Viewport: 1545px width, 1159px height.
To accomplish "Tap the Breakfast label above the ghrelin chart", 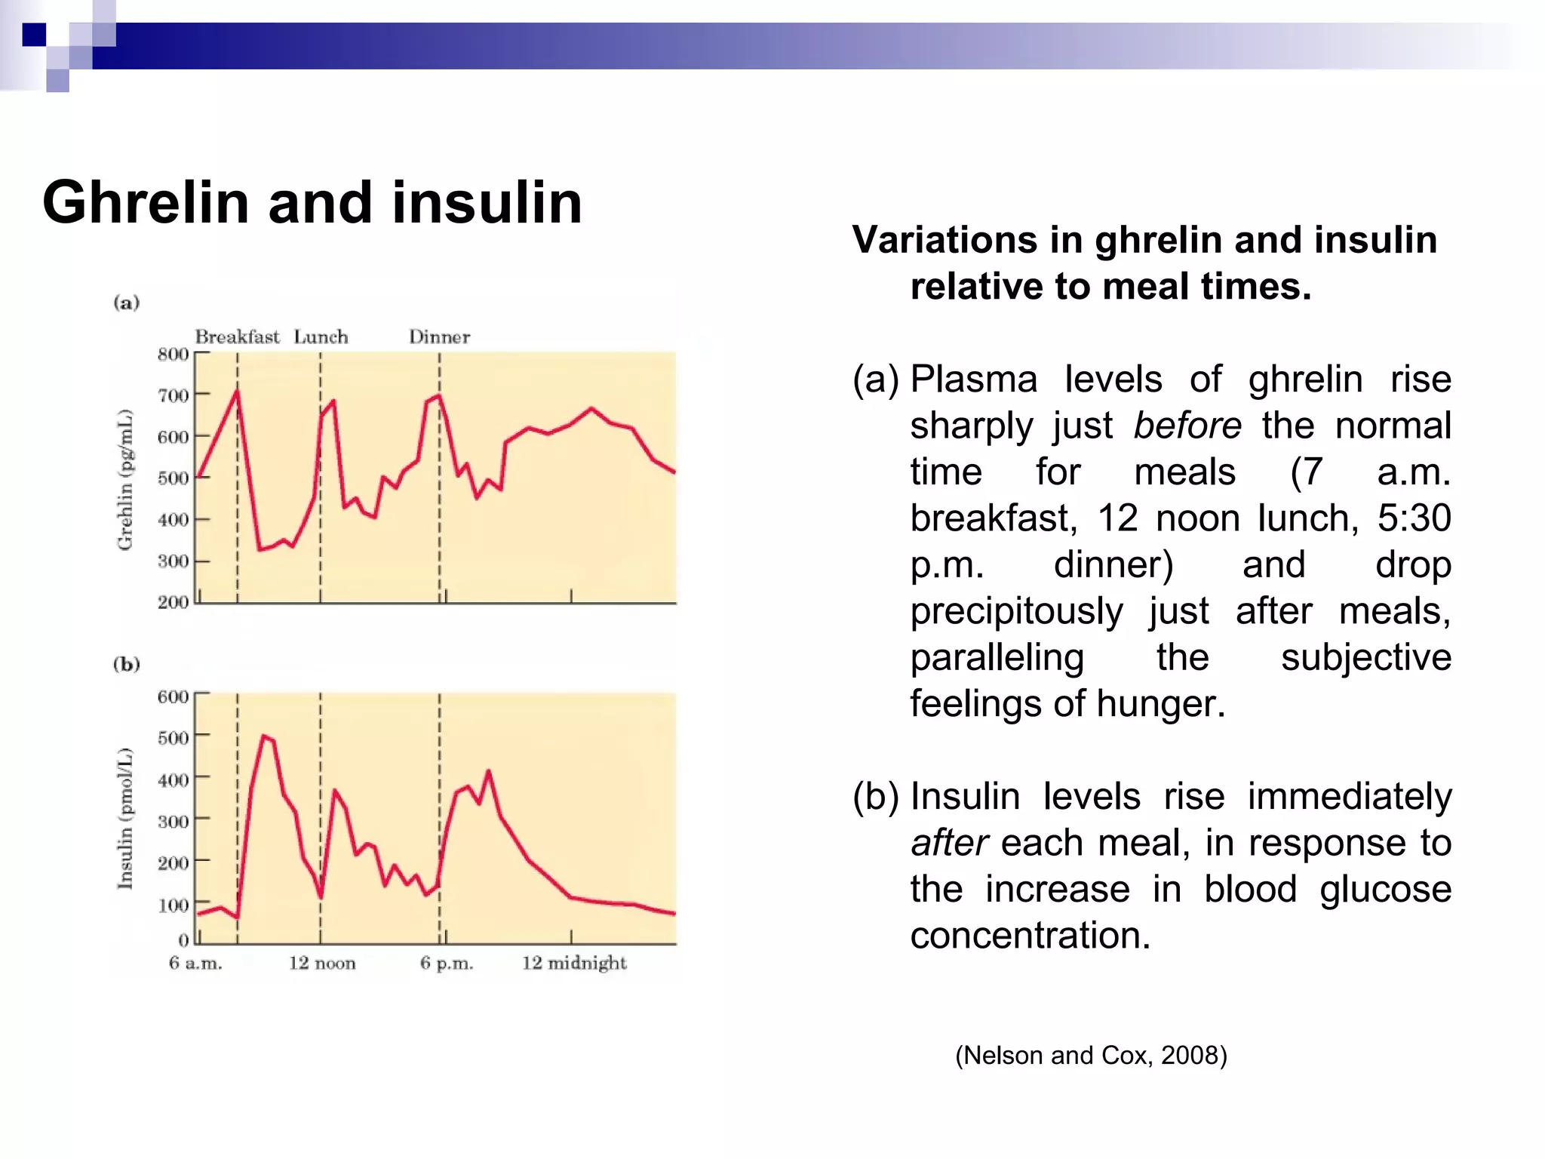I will pos(237,337).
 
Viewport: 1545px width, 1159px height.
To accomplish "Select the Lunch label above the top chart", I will pos(321,337).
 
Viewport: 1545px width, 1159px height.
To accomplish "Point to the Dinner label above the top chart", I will pos(439,337).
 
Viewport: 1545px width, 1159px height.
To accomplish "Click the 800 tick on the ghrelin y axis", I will pos(173,354).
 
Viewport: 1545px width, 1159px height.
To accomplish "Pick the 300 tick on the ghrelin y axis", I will pos(173,561).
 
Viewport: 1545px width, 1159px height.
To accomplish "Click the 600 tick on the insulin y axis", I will pos(173,696).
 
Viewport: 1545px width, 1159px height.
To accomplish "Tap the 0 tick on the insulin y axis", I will pos(183,939).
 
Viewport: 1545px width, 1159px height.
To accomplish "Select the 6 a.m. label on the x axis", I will pos(195,963).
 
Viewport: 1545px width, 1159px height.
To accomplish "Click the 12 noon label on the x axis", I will pos(322,963).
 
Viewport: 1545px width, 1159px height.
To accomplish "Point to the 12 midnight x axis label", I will pos(574,963).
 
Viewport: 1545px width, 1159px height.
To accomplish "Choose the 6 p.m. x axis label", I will pos(447,963).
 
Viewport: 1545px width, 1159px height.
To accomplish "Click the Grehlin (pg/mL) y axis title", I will pos(125,479).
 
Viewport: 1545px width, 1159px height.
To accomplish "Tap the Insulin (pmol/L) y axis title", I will pos(125,818).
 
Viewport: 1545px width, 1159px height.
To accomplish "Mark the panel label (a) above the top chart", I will pos(127,303).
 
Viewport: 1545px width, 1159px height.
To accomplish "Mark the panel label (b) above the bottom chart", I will pos(127,664).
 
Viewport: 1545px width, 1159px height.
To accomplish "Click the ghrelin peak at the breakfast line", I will pos(237,391).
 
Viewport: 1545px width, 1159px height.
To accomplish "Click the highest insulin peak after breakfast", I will pos(263,736).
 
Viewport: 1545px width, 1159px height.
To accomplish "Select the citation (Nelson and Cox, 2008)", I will pos(1091,1055).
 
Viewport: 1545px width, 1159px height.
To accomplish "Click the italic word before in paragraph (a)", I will pos(1187,426).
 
